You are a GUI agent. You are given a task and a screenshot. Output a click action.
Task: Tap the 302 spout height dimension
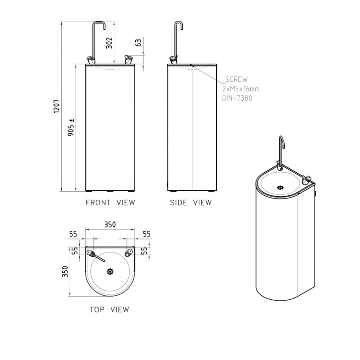108,43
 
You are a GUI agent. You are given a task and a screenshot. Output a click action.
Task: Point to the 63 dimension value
138,43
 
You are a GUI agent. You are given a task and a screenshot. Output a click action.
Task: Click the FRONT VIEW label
110,202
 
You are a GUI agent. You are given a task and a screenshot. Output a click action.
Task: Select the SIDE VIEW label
190,202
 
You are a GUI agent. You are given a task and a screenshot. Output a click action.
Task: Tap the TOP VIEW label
109,310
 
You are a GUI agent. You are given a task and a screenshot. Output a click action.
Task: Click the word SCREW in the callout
236,79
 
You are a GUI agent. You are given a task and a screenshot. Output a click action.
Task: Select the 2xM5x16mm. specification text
242,89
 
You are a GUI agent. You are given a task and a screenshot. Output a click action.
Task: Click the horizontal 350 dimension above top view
110,224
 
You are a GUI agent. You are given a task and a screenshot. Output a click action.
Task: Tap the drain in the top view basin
110,271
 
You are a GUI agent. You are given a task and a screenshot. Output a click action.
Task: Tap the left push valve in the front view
91,59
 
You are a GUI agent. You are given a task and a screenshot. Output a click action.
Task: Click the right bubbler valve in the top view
129,253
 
